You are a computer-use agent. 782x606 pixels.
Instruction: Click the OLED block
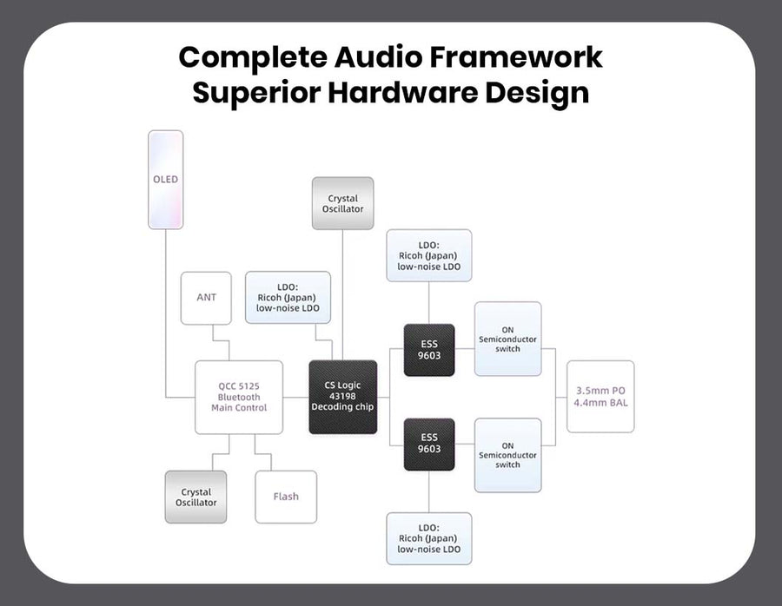(165, 180)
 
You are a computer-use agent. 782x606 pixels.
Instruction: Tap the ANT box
(207, 298)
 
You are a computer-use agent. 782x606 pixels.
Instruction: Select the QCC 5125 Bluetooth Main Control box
(239, 397)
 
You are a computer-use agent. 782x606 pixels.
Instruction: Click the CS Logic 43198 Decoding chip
(342, 397)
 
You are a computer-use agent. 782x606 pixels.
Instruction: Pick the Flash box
(286, 497)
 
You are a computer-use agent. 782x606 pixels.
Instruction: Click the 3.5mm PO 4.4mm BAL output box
(600, 397)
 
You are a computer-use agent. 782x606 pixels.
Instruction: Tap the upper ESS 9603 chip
(429, 350)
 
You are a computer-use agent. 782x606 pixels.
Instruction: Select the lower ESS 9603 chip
(429, 444)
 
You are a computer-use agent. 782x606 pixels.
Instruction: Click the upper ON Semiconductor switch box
(507, 339)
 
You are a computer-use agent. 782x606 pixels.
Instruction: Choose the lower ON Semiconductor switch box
(507, 455)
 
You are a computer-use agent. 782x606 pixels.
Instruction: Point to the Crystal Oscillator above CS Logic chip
(342, 204)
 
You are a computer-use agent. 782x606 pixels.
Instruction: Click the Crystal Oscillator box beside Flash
(195, 497)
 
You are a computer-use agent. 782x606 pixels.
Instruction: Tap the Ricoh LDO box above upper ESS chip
(429, 255)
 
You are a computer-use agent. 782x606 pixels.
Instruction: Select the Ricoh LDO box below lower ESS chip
(429, 538)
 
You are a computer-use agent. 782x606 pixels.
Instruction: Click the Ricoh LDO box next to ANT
(288, 298)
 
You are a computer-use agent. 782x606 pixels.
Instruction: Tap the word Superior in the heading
(256, 92)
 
